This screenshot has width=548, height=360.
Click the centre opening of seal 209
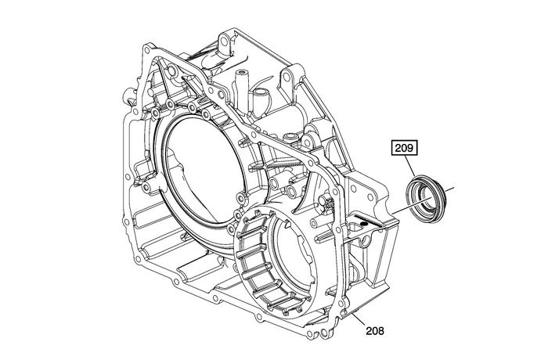click(x=427, y=194)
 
